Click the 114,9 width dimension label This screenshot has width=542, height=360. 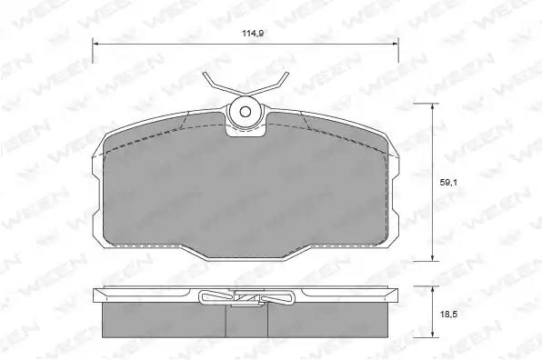click(x=253, y=34)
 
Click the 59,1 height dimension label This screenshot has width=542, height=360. click(x=448, y=183)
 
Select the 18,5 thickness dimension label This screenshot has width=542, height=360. click(x=448, y=315)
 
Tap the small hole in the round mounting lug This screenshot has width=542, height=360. click(x=246, y=112)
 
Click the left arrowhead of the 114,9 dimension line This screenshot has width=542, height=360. click(x=95, y=44)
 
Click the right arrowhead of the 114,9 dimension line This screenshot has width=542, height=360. click(x=395, y=44)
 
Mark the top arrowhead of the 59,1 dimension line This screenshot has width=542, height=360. click(x=432, y=106)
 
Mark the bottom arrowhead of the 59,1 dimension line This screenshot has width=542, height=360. click(x=432, y=257)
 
